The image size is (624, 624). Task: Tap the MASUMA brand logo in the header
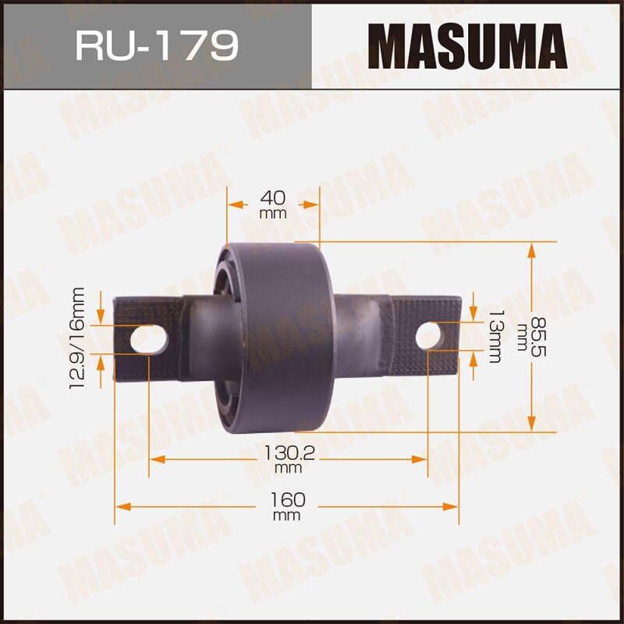pyautogui.click(x=467, y=46)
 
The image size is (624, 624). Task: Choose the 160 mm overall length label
pyautogui.click(x=288, y=505)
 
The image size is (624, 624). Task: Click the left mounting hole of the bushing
pyautogui.click(x=147, y=339)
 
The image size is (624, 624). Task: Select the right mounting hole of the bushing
pyautogui.click(x=428, y=336)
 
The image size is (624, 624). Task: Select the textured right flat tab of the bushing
pyautogui.click(x=425, y=336)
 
